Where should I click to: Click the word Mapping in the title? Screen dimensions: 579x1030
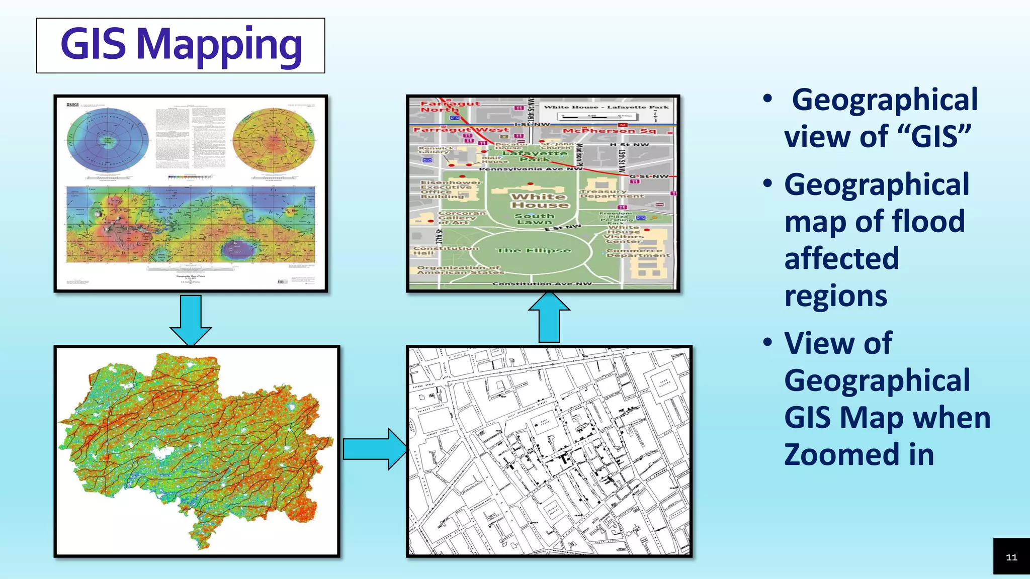tap(219, 45)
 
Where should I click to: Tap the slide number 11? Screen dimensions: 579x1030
tap(1011, 557)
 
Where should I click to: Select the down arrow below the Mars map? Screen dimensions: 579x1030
tap(191, 320)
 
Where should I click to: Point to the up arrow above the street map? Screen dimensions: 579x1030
tap(549, 318)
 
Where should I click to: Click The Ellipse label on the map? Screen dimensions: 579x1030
tap(533, 250)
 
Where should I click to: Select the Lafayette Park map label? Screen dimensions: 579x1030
tap(535, 156)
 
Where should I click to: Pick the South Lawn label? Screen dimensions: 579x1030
tap(534, 219)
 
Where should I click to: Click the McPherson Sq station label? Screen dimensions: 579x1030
tap(609, 131)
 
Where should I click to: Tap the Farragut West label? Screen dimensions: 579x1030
tap(461, 130)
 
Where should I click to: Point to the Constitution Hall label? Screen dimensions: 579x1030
tap(446, 250)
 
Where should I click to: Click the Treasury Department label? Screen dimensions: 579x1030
tap(611, 194)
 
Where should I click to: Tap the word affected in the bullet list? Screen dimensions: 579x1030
tap(841, 258)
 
